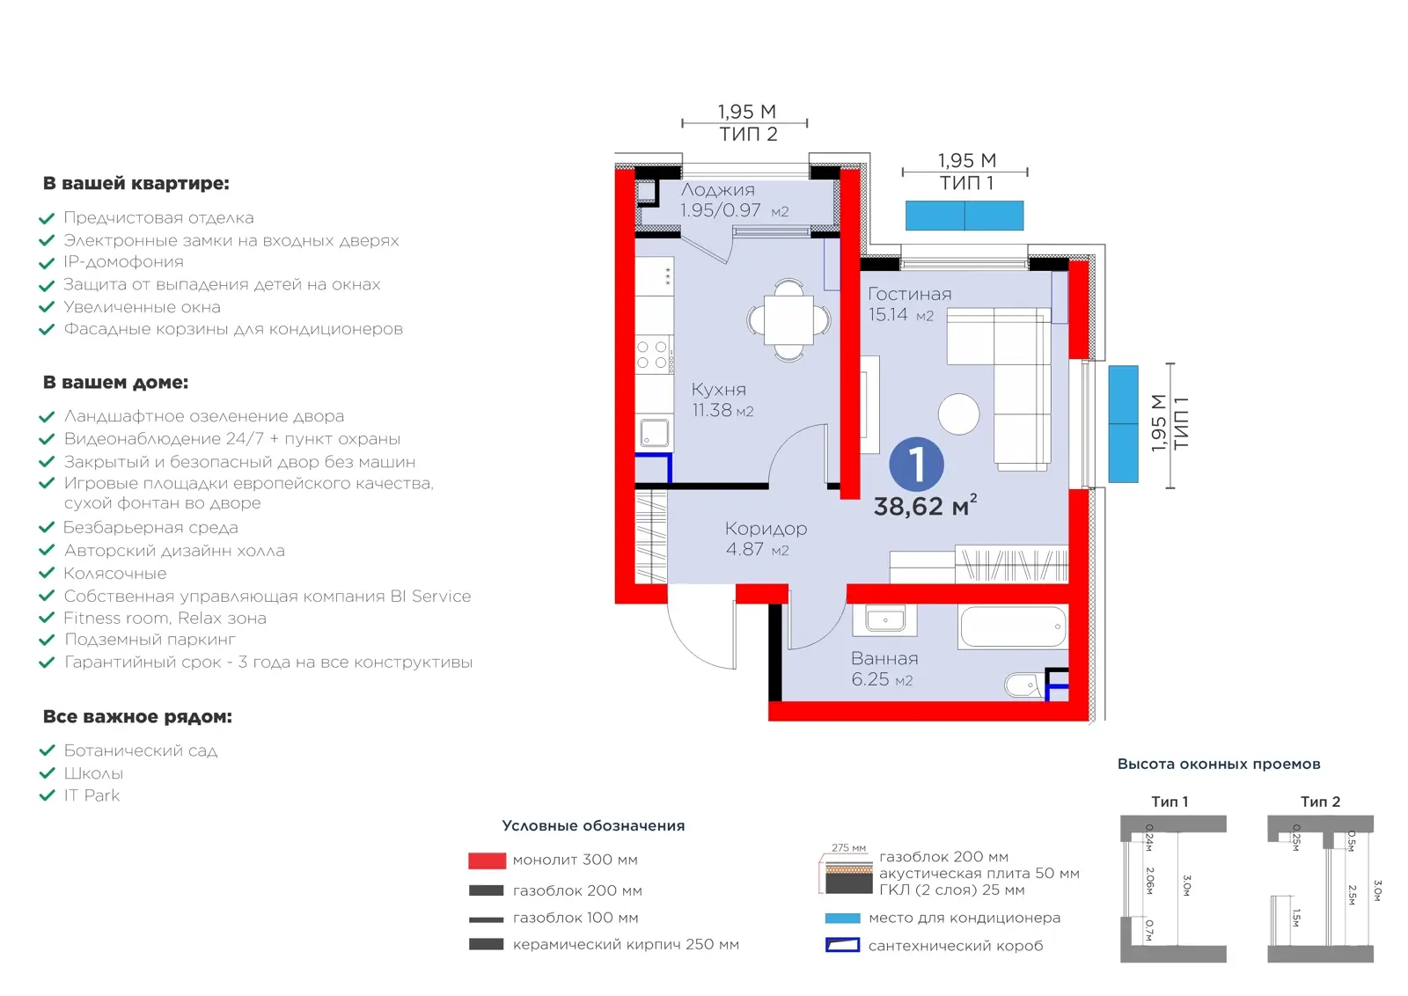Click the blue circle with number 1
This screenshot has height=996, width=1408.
click(x=916, y=465)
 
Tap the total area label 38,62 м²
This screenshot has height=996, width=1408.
click(x=925, y=505)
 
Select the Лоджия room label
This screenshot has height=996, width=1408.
click(x=718, y=190)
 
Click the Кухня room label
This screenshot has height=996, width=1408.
click(x=718, y=390)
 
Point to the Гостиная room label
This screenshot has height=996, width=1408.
click(x=910, y=294)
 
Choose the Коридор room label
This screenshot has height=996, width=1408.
click(x=766, y=529)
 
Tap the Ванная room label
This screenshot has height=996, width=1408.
click(x=884, y=658)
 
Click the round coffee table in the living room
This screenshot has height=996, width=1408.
click(x=958, y=414)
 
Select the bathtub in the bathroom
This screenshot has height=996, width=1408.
click(x=1013, y=626)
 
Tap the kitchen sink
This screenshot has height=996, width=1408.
click(x=655, y=433)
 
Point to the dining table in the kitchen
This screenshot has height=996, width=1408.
click(x=788, y=320)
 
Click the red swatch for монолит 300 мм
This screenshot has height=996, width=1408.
click(x=488, y=861)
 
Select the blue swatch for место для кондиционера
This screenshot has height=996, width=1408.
click(x=842, y=918)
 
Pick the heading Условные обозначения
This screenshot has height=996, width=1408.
click(x=593, y=825)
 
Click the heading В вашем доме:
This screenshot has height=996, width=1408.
click(x=115, y=382)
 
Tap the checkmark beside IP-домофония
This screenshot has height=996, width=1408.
click(x=48, y=263)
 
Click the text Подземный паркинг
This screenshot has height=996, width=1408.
click(x=150, y=639)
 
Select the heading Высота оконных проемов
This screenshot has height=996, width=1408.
click(x=1219, y=764)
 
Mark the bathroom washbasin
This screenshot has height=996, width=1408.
click(x=885, y=619)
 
